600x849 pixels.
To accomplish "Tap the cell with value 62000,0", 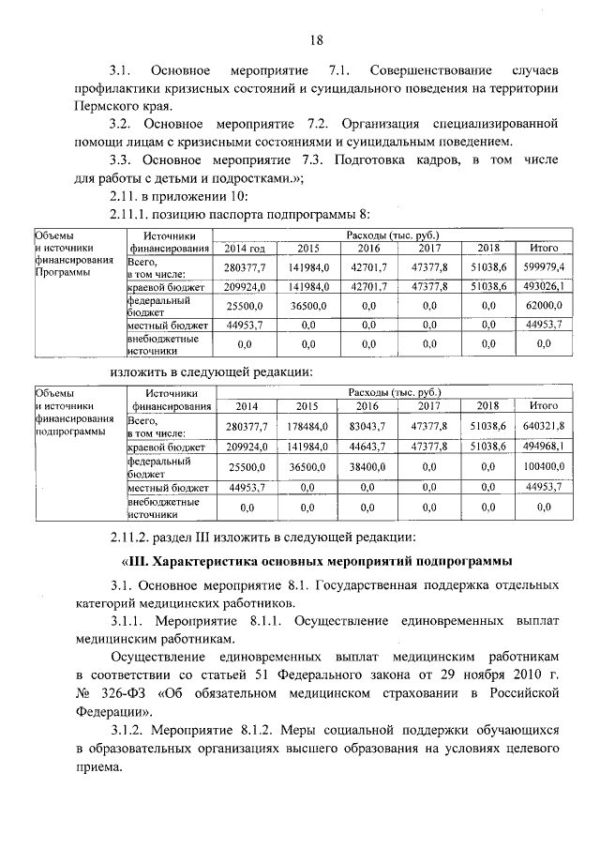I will (544, 305).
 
